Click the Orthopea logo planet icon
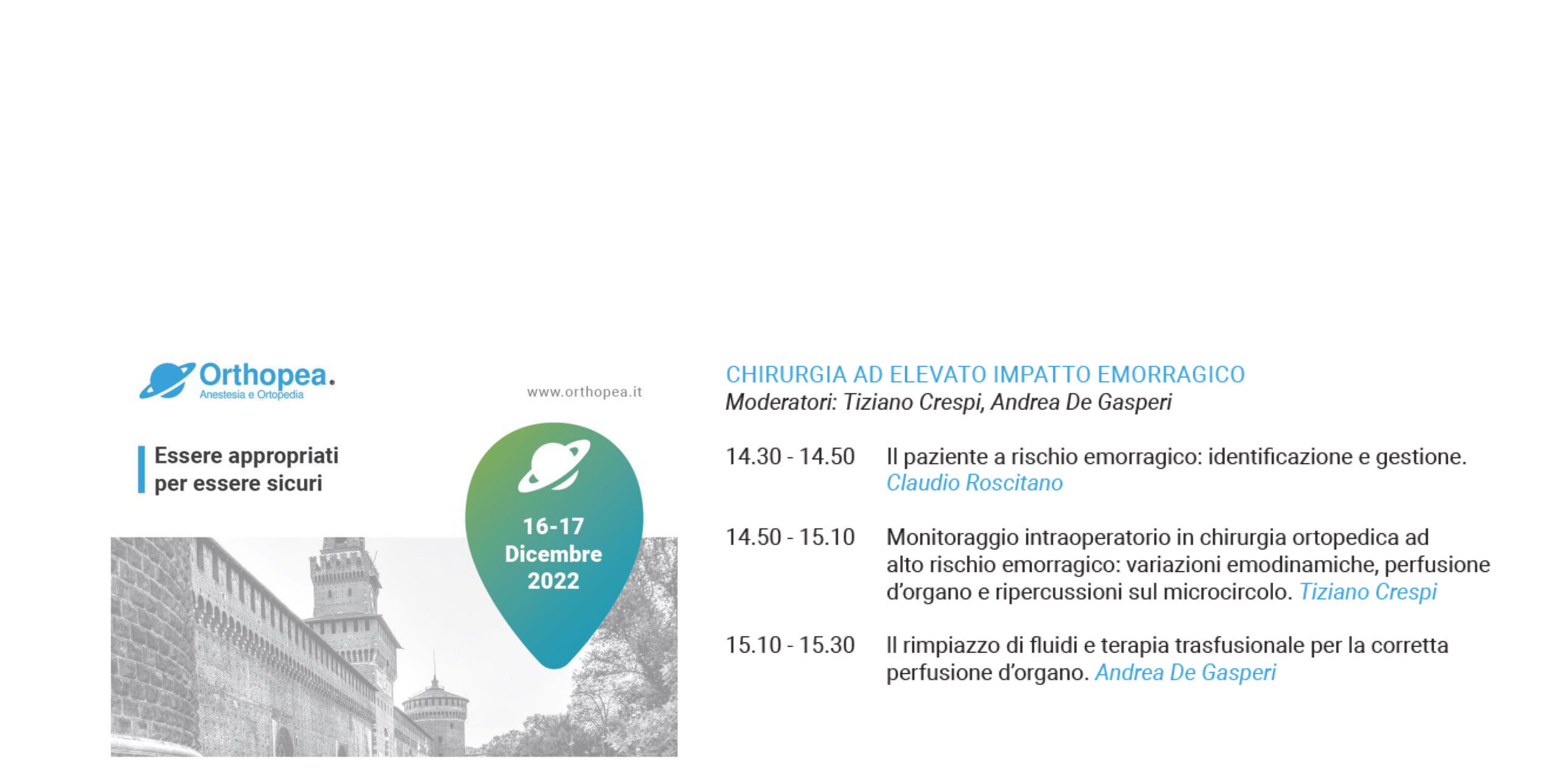coord(167,381)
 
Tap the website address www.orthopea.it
coord(584,392)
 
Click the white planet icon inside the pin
coord(554,466)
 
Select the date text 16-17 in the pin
coord(553,526)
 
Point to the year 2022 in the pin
coord(553,581)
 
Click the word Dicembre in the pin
coord(553,554)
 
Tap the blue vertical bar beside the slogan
coord(142,469)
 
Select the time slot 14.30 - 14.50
coord(790,456)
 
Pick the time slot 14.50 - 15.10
coord(790,537)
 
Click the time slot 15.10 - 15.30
coord(790,645)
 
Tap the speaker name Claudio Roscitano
coord(974,483)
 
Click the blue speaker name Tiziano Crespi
coord(1368,592)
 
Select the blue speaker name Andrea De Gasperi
coord(1185,672)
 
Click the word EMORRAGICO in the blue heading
coord(1171,375)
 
